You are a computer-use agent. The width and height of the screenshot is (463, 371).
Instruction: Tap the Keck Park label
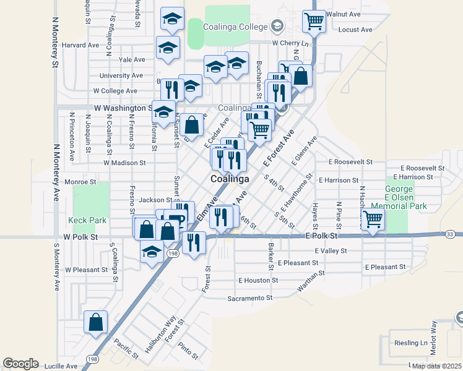coord(87,220)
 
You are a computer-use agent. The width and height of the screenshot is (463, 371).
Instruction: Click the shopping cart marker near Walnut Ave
coord(314,22)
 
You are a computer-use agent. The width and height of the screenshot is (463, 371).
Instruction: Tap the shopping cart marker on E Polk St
coord(373,220)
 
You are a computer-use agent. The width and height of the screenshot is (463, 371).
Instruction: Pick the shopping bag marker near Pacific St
coord(95,323)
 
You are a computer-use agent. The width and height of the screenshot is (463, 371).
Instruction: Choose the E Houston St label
coord(258,280)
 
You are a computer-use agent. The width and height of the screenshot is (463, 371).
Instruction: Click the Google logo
coord(20,364)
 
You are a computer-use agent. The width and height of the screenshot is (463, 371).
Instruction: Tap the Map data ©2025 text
coord(437,366)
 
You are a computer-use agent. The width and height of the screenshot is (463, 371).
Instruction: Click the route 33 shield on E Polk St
coord(450,234)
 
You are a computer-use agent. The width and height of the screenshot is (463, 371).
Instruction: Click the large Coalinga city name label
coord(229,179)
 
